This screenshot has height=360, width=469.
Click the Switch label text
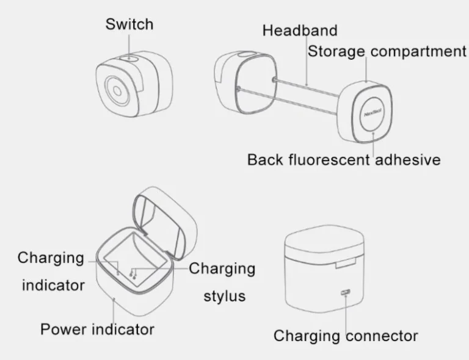(129, 24)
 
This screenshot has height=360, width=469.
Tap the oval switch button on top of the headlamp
(129, 57)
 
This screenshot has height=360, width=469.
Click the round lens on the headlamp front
(117, 91)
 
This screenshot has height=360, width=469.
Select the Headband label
(300, 31)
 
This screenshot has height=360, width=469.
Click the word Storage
(336, 51)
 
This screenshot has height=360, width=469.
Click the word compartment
(418, 51)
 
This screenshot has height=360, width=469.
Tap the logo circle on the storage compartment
(373, 114)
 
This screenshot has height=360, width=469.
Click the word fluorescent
(329, 159)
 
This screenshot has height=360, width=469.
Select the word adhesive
(408, 159)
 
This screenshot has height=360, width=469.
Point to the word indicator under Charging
(53, 286)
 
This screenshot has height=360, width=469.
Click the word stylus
(225, 297)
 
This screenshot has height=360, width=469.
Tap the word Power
(63, 329)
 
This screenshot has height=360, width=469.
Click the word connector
(382, 336)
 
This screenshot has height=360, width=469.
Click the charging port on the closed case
(346, 292)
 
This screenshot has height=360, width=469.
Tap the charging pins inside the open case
(133, 274)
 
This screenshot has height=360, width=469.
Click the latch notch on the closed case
(346, 264)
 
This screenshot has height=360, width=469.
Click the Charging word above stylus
(222, 268)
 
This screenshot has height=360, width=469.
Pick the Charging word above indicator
(51, 258)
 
